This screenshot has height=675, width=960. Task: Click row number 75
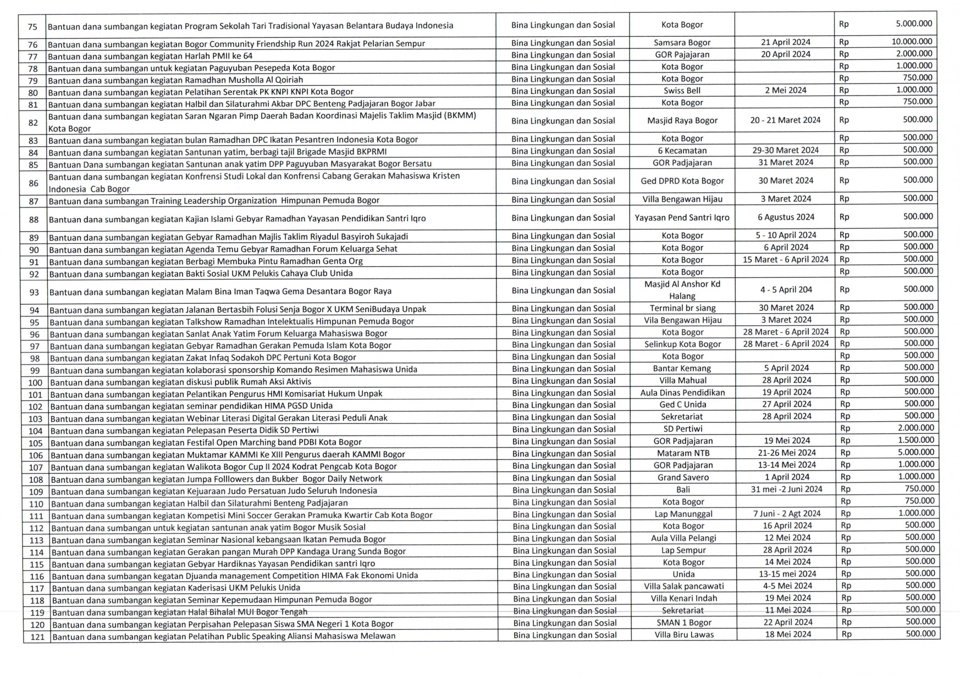(x=32, y=26)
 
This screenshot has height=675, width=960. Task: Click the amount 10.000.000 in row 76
(x=912, y=42)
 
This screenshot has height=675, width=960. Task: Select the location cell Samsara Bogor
(x=682, y=42)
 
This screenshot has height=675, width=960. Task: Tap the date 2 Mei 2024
(x=785, y=90)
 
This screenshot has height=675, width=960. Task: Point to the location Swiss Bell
(x=682, y=91)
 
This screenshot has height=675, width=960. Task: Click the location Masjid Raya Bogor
(x=682, y=120)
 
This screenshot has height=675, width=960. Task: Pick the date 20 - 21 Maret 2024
(x=785, y=120)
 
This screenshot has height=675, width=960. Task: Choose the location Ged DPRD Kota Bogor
(x=682, y=181)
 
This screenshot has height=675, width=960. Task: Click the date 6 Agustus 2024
(x=785, y=217)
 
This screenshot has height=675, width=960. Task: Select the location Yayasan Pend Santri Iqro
(x=682, y=217)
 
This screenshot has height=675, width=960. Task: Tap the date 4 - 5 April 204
(x=785, y=289)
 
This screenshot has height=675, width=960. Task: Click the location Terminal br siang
(x=682, y=308)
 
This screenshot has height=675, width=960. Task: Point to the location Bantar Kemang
(x=682, y=369)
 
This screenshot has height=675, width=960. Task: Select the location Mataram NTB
(x=683, y=453)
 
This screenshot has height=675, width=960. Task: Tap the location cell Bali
(x=683, y=489)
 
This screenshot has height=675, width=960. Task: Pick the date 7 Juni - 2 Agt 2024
(x=787, y=514)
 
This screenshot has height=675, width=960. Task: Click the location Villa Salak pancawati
(x=684, y=586)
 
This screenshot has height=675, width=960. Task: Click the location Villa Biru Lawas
(x=684, y=635)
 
